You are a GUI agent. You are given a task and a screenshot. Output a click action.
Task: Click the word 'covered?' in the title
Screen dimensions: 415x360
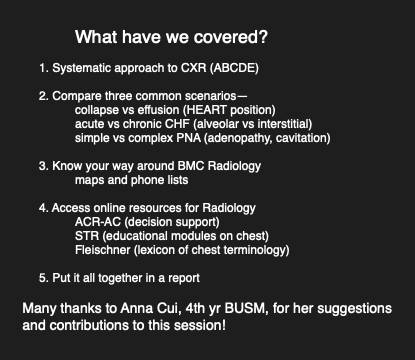coord(231,37)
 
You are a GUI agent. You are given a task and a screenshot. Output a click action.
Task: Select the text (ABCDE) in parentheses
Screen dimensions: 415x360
coord(234,68)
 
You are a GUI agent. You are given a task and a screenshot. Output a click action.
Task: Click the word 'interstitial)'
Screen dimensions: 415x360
coord(285,124)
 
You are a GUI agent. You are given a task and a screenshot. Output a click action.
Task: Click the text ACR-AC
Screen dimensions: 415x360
coord(98,222)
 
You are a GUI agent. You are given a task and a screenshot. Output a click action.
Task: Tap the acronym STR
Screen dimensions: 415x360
coord(87,236)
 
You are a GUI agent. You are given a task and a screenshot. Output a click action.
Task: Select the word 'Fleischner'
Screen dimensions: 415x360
coord(103,250)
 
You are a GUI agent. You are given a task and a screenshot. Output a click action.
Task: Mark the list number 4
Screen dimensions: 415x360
coord(43,208)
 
